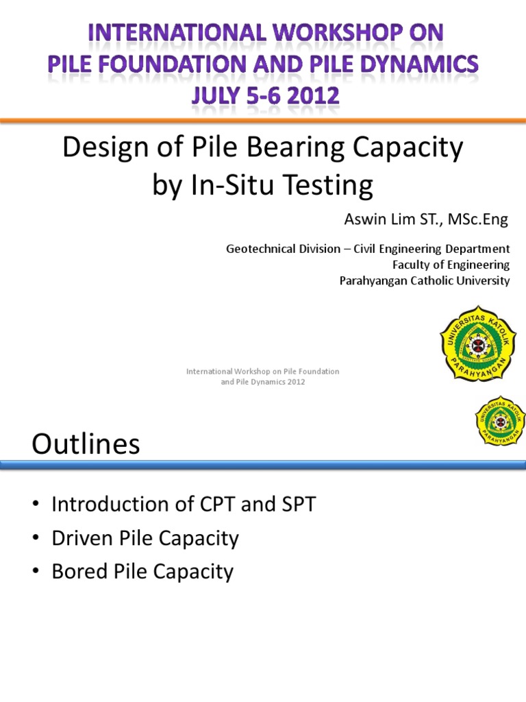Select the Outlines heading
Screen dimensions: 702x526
pyautogui.click(x=86, y=445)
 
